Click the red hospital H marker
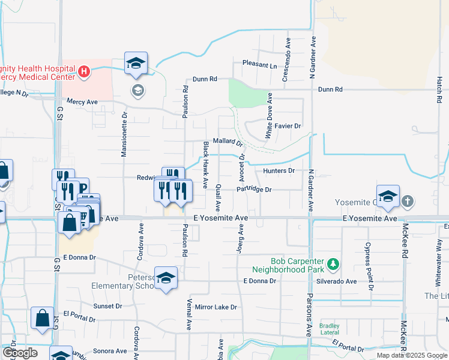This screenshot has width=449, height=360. point(84,72)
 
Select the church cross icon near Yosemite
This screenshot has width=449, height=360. point(408,201)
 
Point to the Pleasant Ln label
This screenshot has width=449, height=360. point(259,64)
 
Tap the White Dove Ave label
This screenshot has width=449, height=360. point(270,116)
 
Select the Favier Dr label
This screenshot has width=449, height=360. point(288,126)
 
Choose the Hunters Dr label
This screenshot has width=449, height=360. point(279,170)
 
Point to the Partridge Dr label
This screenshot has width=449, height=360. point(254,190)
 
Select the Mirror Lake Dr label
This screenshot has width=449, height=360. point(216,307)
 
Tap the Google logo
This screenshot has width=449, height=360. point(20,353)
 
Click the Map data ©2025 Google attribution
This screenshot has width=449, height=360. point(411,355)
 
